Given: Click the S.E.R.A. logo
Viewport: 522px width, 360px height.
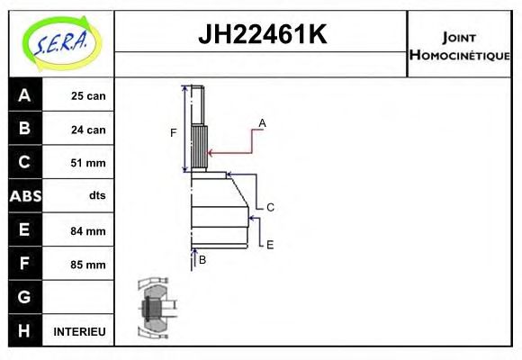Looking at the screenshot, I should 59,42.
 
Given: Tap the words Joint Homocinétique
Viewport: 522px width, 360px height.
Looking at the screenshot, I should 462,45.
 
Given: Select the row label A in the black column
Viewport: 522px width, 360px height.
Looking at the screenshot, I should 24,95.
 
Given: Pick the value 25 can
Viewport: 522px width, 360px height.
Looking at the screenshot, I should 88,96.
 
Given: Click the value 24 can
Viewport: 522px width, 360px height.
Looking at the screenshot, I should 88,130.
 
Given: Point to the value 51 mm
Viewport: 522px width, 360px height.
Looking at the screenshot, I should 88,163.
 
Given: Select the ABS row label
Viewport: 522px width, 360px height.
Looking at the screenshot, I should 24,196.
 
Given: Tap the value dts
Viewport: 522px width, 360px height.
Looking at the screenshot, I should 96,196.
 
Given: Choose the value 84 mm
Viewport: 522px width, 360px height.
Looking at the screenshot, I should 88,230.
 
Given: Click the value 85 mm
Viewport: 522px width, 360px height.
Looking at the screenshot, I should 88,265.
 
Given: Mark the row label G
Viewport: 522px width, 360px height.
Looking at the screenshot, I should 24,297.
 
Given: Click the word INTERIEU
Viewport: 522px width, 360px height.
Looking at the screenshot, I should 80,331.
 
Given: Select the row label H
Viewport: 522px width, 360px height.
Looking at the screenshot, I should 24,330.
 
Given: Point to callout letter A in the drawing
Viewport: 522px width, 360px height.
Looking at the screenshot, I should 262,121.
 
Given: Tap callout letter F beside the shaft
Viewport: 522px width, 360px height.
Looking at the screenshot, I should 174,133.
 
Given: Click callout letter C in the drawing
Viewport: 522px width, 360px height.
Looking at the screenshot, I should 270,206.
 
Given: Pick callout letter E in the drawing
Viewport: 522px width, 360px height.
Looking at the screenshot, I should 269,243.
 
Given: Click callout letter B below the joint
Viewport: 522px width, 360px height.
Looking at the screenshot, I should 202,259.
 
